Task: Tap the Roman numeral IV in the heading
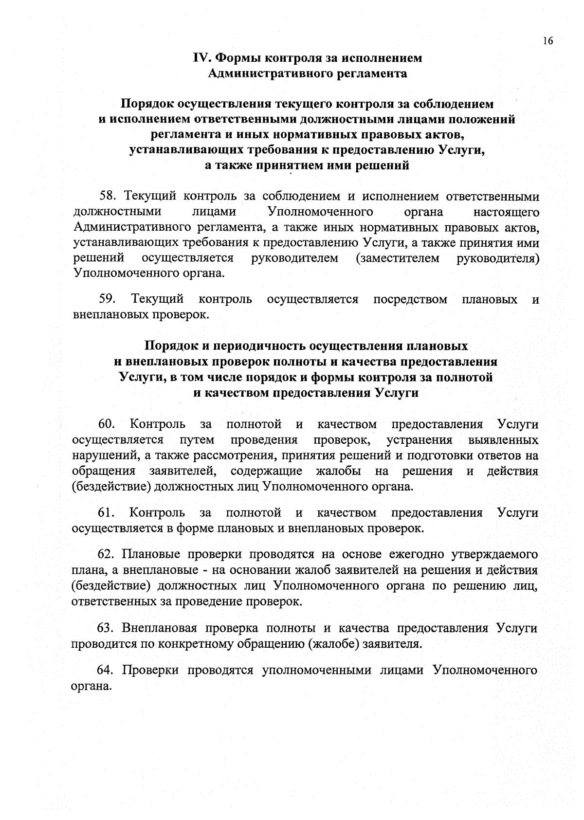(201, 58)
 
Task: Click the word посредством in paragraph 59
(410, 299)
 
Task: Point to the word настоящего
(506, 212)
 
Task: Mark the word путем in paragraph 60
(197, 440)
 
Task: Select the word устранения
(419, 440)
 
